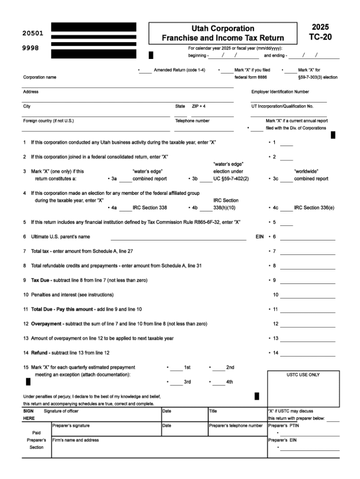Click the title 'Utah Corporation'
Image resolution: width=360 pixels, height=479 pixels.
223,29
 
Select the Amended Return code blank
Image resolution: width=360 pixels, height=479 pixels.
146,71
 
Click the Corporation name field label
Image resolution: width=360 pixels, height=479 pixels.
40,77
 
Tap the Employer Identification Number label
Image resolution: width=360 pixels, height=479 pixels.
280,92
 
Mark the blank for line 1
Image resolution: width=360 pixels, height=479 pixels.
287,144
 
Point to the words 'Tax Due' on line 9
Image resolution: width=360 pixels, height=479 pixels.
41,280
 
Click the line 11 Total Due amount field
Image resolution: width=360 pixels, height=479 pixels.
307,310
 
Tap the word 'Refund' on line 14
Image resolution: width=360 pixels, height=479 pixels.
39,352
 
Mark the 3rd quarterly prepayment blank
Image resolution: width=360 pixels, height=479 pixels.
176,383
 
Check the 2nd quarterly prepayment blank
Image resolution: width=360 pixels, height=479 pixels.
218,369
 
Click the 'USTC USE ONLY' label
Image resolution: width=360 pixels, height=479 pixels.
303,375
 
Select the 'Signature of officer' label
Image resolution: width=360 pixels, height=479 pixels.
61,411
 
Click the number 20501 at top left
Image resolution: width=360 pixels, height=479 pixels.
33,34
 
